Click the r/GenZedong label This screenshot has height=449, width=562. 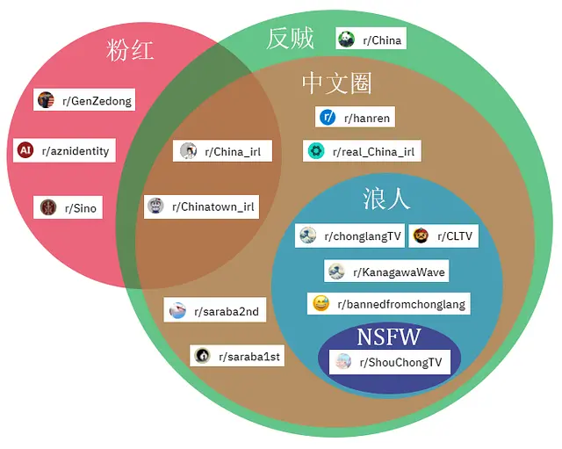(x=85, y=100)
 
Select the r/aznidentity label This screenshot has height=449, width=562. (x=65, y=150)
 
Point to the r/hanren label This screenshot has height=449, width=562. (x=355, y=117)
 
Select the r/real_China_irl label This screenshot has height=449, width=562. (x=361, y=151)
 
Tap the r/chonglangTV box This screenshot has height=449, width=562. (x=349, y=235)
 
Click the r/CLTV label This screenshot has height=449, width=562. (x=443, y=235)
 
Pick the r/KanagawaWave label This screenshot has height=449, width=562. (x=386, y=272)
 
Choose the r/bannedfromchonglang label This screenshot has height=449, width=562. (x=390, y=304)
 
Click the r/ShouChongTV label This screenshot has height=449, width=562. (x=389, y=361)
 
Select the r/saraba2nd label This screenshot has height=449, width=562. (x=214, y=311)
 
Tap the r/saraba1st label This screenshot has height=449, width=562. (x=237, y=355)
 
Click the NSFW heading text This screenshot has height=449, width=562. (x=388, y=337)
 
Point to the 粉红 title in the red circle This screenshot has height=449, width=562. (x=130, y=50)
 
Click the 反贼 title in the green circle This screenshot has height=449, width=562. (x=290, y=39)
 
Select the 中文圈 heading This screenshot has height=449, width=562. (x=336, y=83)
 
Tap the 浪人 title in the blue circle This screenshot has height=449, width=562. (x=386, y=199)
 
